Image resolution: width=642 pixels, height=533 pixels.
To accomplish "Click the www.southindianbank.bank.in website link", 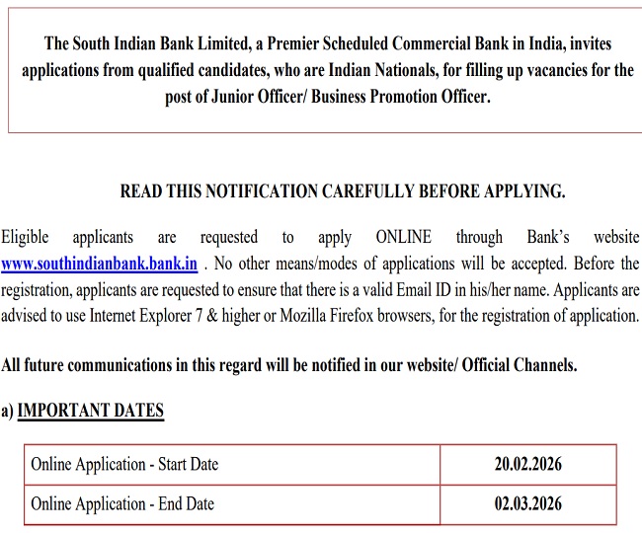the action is coord(100,265).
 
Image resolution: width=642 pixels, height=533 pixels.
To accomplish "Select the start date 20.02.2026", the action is coord(528,464).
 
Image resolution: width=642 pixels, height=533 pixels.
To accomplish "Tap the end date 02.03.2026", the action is coord(528,504).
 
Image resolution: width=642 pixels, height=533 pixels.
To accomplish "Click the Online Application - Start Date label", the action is coord(124,464).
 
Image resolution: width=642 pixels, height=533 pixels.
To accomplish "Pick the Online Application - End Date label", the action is coord(122,504).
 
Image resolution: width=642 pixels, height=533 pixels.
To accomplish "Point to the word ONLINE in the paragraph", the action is coord(403,238).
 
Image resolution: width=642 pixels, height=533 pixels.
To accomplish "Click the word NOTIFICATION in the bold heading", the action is coord(251,191).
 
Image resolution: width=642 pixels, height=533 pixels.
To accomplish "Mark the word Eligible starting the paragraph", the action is coord(25,238).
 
